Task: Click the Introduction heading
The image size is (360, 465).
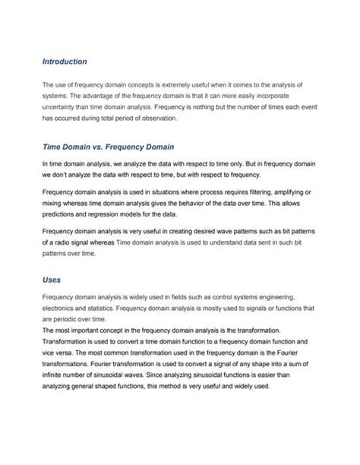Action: (x=65, y=61)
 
